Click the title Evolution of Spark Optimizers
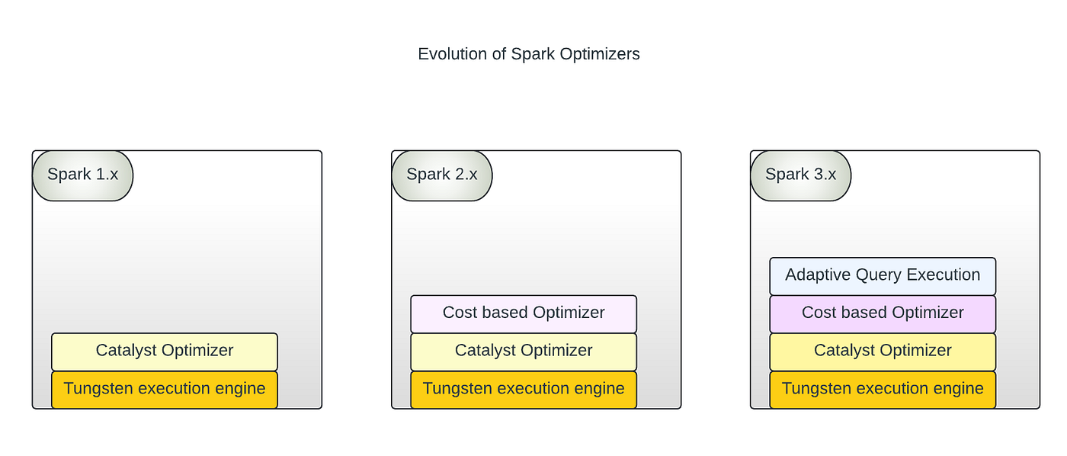pos(529,54)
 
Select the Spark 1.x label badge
pos(83,176)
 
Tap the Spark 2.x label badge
pos(442,176)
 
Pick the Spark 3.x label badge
pos(801,176)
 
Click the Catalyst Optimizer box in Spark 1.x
pos(165,352)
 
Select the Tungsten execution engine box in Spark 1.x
pos(165,390)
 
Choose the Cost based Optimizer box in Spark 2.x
pos(524,314)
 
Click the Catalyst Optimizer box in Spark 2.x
pos(524,352)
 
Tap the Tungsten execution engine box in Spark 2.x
pos(524,390)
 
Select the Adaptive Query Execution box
pos(883,276)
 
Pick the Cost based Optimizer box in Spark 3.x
pos(883,314)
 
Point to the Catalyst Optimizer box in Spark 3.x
pos(883,352)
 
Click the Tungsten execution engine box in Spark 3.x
pos(883,390)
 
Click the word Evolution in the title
pos(453,54)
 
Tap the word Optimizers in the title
pos(600,54)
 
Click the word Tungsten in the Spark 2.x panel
pos(457,389)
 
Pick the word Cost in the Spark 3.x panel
pos(817,313)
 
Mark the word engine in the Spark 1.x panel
pos(240,389)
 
